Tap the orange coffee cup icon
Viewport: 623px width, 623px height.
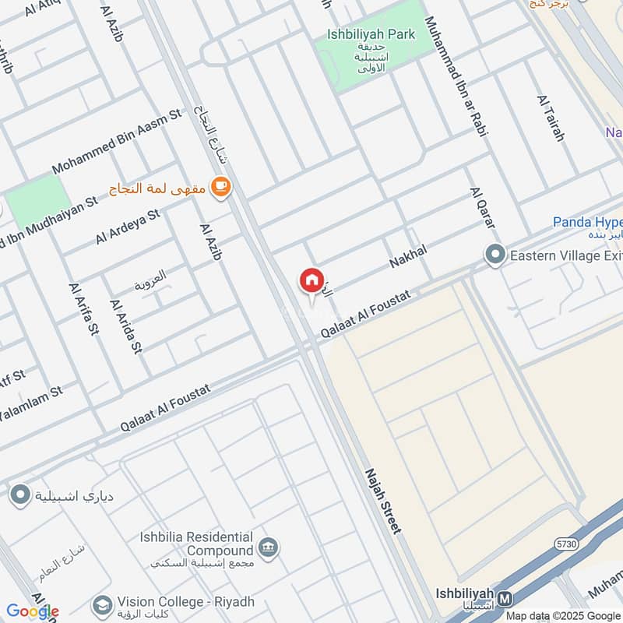pyautogui.click(x=222, y=186)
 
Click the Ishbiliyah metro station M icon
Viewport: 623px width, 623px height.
pyautogui.click(x=505, y=598)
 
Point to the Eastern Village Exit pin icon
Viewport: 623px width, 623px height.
pyautogui.click(x=495, y=255)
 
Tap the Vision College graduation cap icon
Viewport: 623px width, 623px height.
pyautogui.click(x=101, y=604)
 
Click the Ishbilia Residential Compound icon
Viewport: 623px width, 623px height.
pyautogui.click(x=269, y=547)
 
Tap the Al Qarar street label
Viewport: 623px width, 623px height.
pyautogui.click(x=482, y=208)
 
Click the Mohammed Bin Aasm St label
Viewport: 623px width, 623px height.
pyautogui.click(x=116, y=141)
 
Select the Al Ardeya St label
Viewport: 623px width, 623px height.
pyautogui.click(x=128, y=227)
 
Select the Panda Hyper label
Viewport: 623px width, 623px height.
pyautogui.click(x=588, y=223)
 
